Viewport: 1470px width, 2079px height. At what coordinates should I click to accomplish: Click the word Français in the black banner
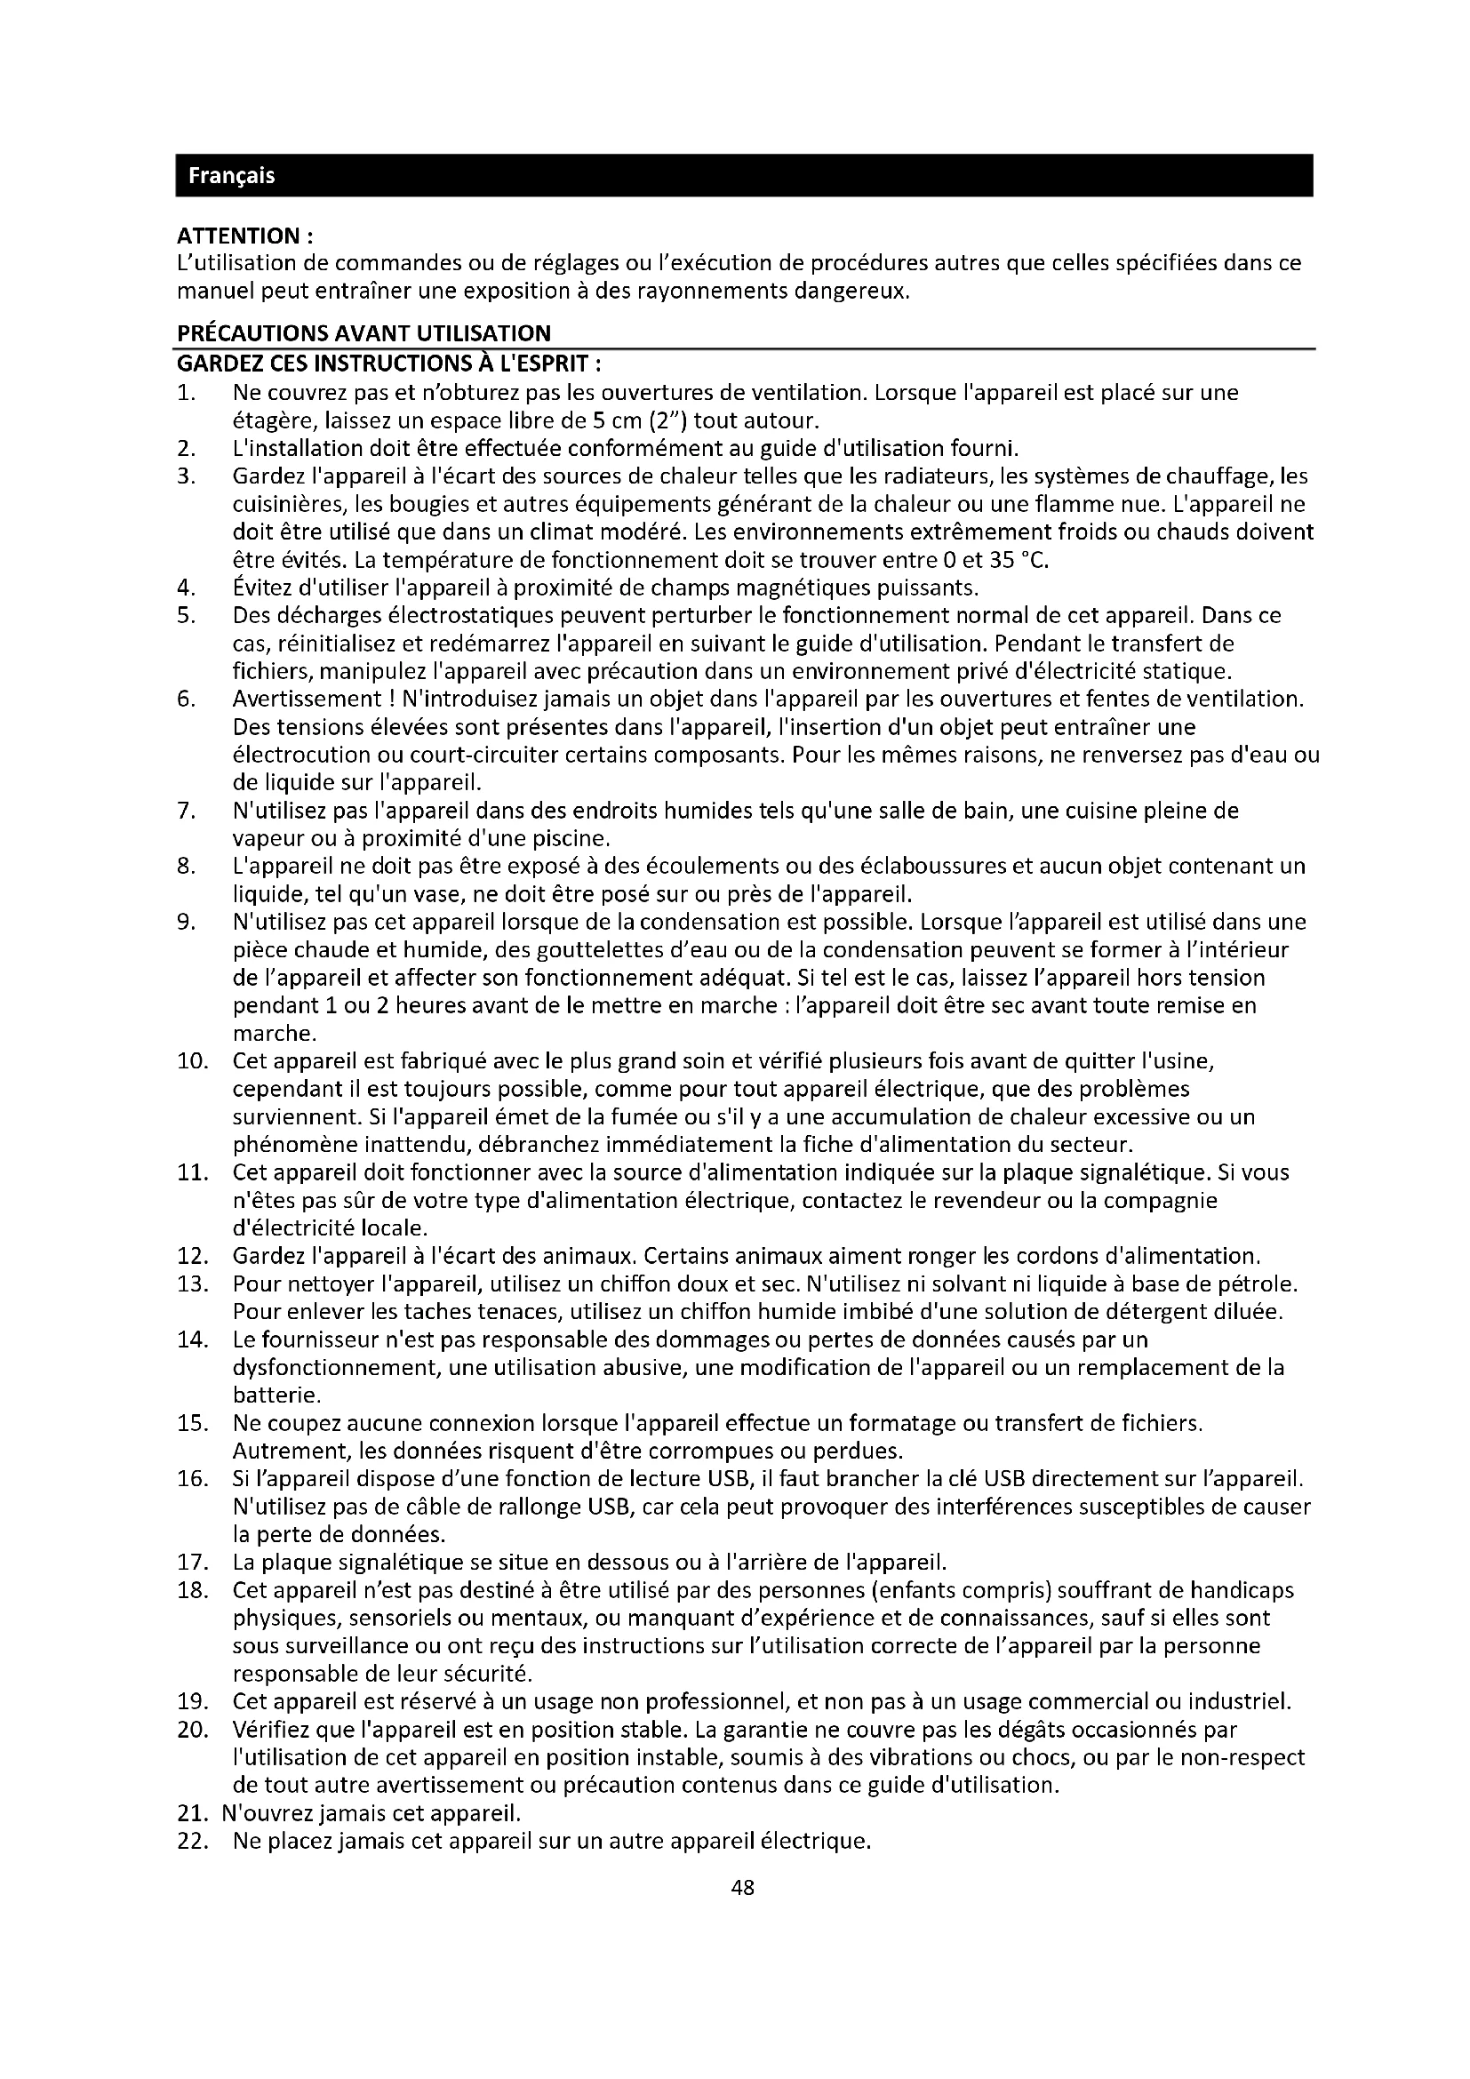tap(231, 176)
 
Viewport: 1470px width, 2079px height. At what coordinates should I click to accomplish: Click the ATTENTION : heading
tap(245, 236)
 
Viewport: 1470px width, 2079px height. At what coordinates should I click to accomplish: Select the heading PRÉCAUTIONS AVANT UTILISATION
tap(363, 334)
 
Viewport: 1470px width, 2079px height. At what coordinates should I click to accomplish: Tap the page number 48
tap(742, 1888)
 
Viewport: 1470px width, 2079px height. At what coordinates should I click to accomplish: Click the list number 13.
tap(193, 1284)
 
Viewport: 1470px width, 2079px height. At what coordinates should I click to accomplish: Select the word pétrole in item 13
tap(1262, 1284)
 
